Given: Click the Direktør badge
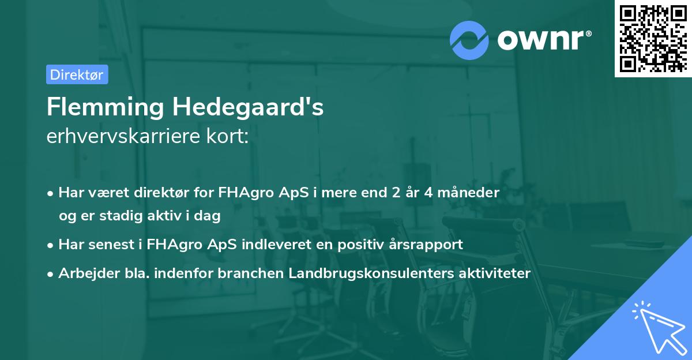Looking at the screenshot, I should pyautogui.click(x=77, y=74).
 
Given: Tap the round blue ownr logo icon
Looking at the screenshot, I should pyautogui.click(x=469, y=39).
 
